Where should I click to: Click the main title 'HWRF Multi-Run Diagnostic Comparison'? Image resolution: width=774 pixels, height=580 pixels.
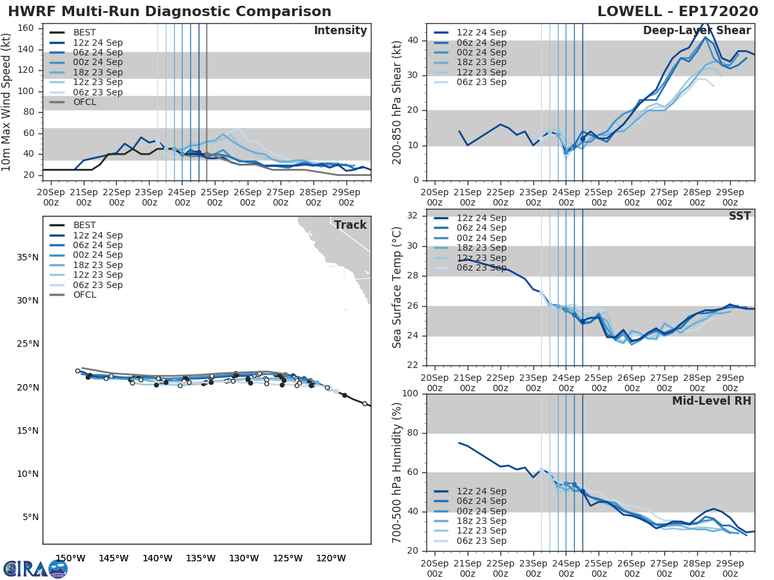point(170,12)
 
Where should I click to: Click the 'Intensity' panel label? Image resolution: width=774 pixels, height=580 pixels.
point(340,31)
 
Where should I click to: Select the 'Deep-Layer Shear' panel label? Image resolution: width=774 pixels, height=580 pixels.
point(697,31)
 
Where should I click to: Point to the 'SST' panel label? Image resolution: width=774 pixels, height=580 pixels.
point(739,217)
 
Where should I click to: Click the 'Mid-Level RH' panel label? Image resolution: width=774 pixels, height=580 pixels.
point(711,401)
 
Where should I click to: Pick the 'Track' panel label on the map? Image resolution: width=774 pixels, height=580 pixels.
point(350,225)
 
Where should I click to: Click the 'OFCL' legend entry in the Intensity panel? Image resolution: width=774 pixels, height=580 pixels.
point(84,102)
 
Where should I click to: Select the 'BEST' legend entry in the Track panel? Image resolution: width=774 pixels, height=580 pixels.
point(84,225)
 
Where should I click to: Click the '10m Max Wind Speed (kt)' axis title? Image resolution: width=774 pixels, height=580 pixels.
point(7,102)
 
